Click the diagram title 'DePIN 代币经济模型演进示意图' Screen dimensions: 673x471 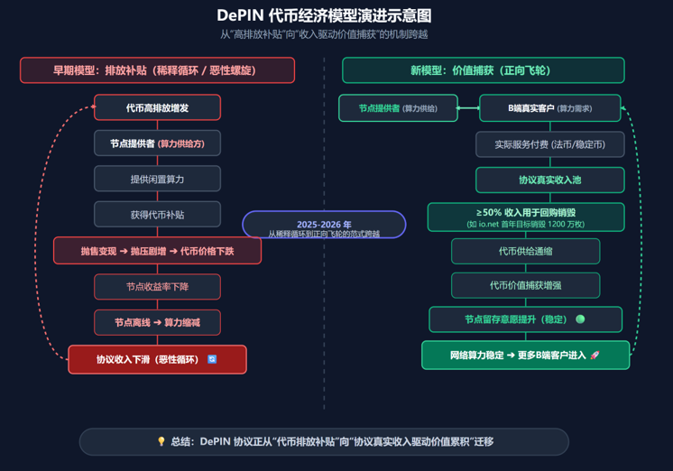point(324,15)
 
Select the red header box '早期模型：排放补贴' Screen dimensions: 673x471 point(157,70)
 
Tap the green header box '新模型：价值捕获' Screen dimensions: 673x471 point(484,70)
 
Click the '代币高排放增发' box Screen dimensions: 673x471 point(157,107)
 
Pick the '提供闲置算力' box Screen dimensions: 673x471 point(157,179)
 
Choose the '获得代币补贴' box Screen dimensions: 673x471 point(157,214)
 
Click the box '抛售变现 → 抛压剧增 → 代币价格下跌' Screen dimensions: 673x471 point(157,251)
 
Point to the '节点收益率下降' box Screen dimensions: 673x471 point(157,286)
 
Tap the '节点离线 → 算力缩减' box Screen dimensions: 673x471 point(157,322)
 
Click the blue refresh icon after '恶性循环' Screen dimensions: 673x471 point(212,359)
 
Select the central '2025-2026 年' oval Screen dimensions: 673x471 point(324,225)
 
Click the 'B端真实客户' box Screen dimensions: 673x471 point(549,108)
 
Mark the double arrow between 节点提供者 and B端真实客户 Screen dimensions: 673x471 point(468,108)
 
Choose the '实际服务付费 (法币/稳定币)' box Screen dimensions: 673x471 point(549,144)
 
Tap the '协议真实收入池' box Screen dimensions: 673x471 point(549,180)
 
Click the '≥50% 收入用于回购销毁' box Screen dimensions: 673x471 point(526,217)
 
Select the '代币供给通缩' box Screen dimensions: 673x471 point(525,251)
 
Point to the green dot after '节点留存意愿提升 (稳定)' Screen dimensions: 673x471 point(580,319)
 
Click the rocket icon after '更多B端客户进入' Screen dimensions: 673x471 point(595,356)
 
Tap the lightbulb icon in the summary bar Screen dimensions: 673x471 point(161,441)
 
